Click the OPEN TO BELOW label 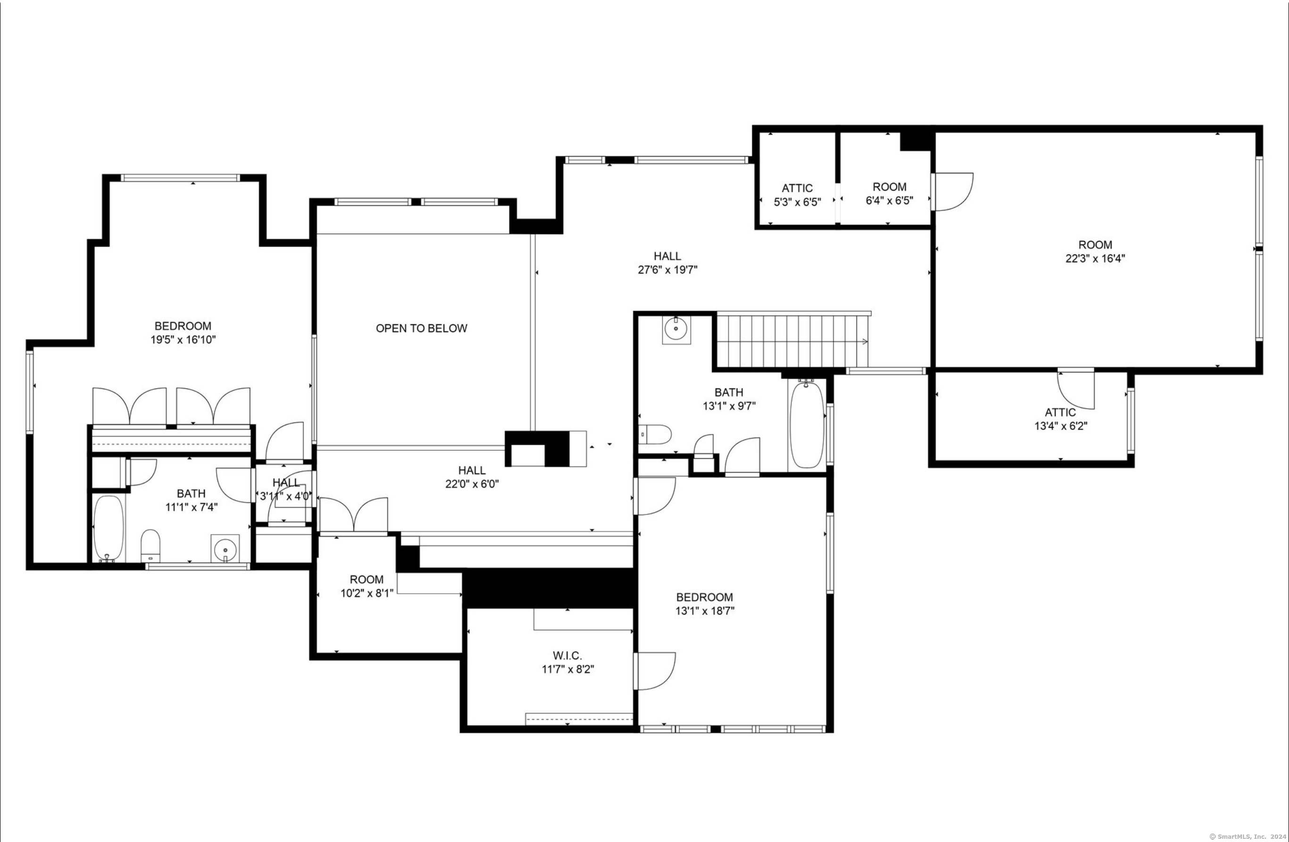(421, 328)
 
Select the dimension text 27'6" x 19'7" (667, 270)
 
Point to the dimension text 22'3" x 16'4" (1095, 259)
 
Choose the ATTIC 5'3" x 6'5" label (797, 195)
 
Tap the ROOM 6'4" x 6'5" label (889, 194)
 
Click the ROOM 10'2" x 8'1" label (367, 586)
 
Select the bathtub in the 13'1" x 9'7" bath (807, 424)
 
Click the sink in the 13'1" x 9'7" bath (677, 330)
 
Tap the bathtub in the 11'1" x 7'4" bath (109, 528)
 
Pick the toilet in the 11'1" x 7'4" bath (151, 546)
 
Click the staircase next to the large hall (792, 340)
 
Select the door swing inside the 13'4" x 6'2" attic (1076, 389)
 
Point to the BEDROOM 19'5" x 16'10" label (183, 333)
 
